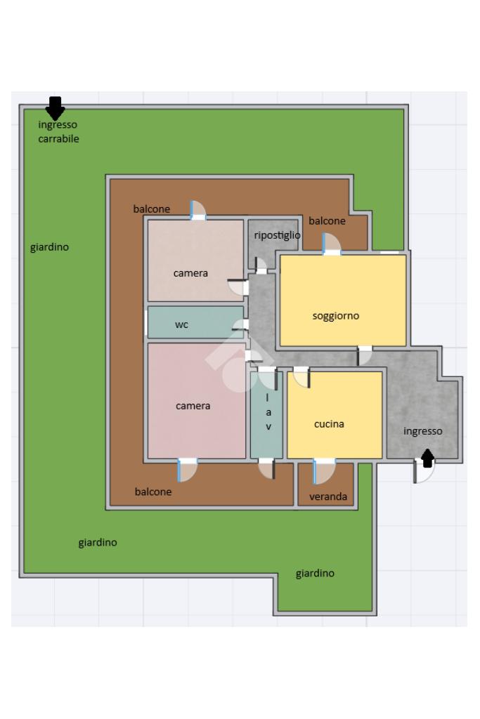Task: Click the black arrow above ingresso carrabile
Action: tap(55, 108)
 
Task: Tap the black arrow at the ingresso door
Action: tap(427, 458)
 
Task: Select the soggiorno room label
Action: tap(335, 316)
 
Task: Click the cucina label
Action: tap(329, 424)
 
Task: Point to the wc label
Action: tap(181, 324)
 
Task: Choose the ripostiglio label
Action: tap(277, 235)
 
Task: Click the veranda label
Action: tap(327, 496)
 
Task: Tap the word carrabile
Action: tap(58, 139)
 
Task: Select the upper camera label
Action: tap(190, 273)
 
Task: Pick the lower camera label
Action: tap(193, 406)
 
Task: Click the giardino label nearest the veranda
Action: tap(315, 573)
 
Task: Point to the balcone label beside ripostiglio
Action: tap(327, 221)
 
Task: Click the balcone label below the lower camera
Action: tap(153, 492)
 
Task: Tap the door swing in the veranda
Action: tap(325, 471)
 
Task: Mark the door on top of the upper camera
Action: tap(197, 211)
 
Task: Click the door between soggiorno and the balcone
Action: tap(331, 244)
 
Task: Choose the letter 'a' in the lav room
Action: tap(268, 413)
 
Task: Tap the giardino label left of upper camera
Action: tap(50, 247)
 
